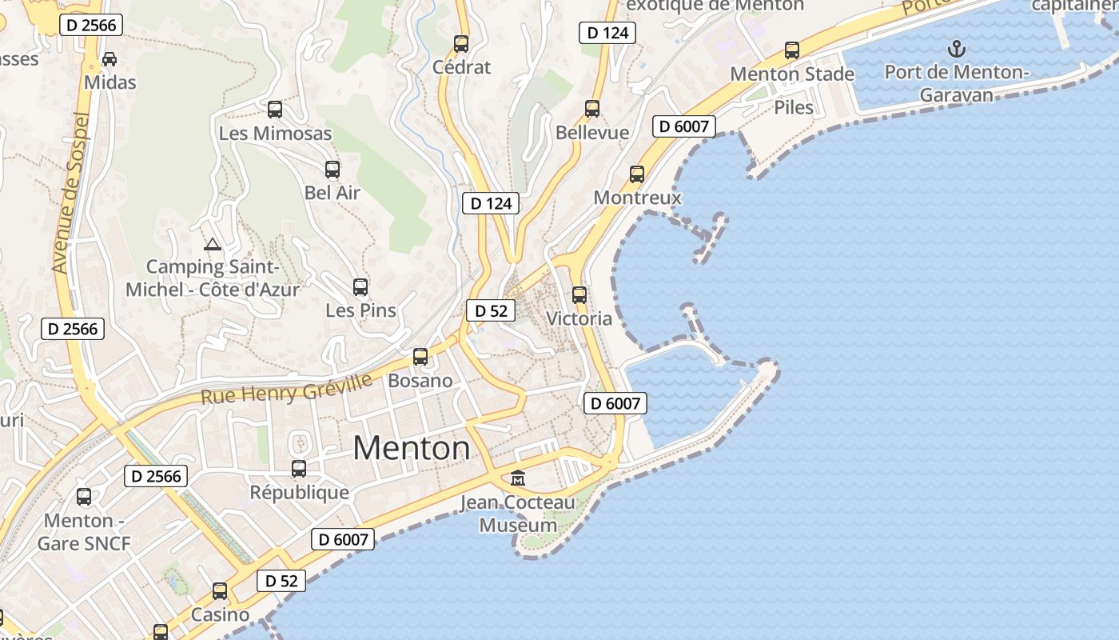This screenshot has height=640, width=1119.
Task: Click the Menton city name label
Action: [412, 448]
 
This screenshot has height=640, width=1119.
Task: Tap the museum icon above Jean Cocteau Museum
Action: [518, 478]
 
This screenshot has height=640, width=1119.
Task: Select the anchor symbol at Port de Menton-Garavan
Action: [956, 50]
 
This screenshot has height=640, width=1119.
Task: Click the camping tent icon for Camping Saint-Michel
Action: [212, 244]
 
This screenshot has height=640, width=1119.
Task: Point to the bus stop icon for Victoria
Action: [579, 294]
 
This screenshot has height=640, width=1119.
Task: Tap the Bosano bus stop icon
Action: [420, 357]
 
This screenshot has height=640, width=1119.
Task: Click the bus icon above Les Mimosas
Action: [275, 109]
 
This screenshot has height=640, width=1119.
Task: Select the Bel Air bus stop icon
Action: [333, 169]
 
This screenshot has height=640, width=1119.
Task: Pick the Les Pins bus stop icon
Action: [360, 286]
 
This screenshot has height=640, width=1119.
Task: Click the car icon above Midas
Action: [110, 59]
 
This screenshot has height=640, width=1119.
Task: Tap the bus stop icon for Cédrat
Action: [461, 43]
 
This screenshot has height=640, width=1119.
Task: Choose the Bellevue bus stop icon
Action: [592, 108]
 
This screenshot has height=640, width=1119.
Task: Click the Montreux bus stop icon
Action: [637, 174]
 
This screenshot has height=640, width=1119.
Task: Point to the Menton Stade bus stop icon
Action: [792, 50]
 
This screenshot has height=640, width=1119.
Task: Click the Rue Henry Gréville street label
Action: [286, 389]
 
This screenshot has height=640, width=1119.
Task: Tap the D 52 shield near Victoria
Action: [491, 310]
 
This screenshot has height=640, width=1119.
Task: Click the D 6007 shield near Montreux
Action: [683, 126]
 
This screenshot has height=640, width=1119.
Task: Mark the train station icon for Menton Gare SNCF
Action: [84, 497]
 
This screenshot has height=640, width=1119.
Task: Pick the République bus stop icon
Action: [299, 468]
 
